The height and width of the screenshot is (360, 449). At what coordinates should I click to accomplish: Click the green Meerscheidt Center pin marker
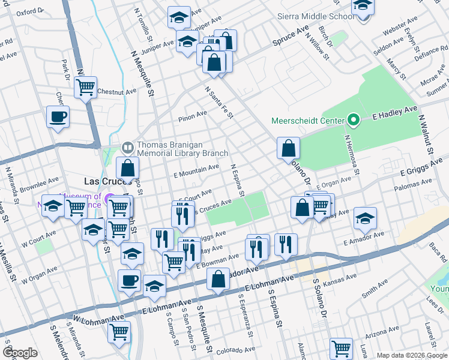[354, 121]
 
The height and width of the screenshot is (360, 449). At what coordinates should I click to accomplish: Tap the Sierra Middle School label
[316, 17]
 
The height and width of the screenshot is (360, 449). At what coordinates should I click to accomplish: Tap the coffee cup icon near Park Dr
[58, 116]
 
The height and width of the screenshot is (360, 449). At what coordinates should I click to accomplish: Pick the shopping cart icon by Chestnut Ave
[85, 86]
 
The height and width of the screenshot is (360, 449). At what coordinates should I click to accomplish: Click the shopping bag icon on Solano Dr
[288, 148]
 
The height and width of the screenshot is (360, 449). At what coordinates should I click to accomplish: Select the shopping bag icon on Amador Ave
[217, 279]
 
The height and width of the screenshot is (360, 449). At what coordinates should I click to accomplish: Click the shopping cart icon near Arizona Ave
[341, 347]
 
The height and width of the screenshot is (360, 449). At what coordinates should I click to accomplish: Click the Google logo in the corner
[20, 353]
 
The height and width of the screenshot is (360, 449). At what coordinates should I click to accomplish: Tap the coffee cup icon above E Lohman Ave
[128, 280]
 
